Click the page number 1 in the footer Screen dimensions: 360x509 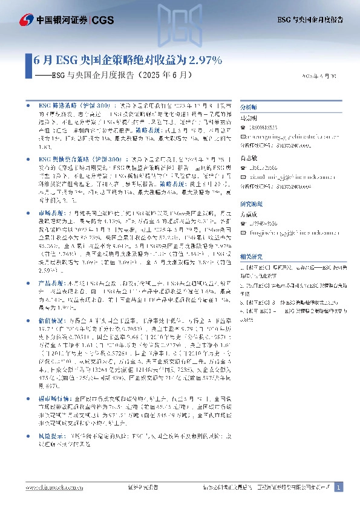339,487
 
